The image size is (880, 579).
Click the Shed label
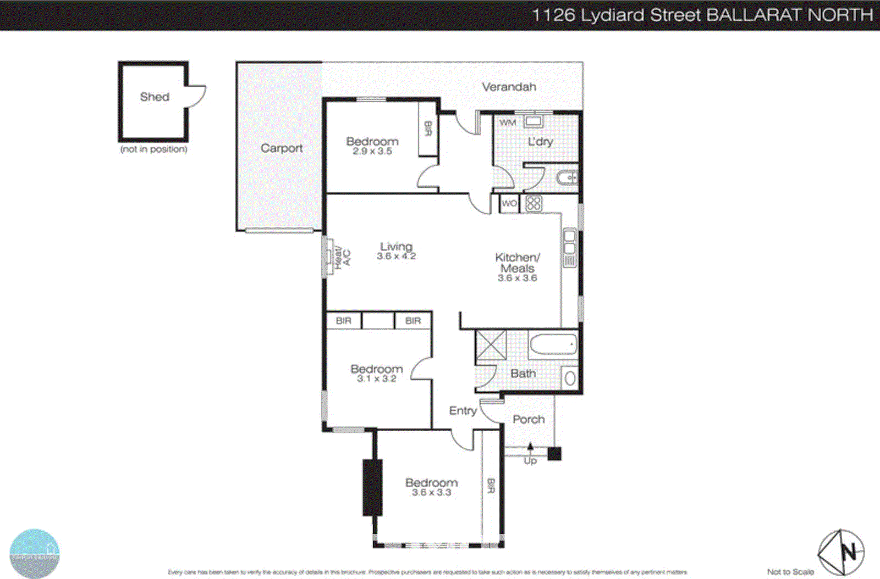pos(155,97)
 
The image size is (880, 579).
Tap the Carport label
pos(281,148)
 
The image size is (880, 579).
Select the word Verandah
pos(509,87)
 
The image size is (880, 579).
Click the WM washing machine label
pos(507,123)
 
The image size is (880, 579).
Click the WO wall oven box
pos(509,203)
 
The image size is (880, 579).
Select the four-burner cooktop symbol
pos(533,204)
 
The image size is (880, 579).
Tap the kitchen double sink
pos(570,243)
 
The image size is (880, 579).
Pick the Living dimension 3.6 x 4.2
pos(396,257)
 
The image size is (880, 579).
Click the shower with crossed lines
pos(491,345)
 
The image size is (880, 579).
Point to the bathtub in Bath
pos(553,344)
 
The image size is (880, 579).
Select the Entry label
pos(463,411)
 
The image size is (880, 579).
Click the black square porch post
pos(554,454)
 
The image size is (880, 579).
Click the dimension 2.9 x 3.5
pos(372,152)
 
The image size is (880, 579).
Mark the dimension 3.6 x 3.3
pos(431,493)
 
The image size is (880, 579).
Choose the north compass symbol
pos(841,553)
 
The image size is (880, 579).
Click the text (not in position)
pos(153,149)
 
